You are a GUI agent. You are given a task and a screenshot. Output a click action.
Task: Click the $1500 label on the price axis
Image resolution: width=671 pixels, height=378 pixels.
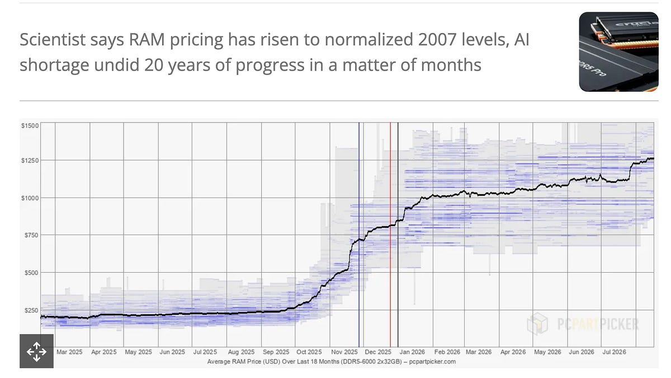coord(30,125)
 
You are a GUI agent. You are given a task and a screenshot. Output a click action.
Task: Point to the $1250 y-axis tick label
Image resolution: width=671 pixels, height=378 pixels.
coord(30,161)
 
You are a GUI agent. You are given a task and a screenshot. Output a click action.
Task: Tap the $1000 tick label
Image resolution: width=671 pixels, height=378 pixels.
coord(30,198)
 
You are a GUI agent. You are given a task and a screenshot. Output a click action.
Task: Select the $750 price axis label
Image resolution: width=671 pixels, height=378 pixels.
coord(31,235)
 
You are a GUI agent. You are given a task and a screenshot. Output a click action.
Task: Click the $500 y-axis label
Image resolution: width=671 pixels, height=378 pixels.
coord(31,273)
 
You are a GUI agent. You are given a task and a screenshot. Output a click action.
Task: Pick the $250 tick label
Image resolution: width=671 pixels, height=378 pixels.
coord(31,310)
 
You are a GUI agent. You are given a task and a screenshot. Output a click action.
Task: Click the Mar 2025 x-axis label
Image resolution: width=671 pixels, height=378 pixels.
coord(69,352)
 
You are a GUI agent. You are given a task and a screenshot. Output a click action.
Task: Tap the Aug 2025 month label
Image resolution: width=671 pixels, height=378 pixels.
coord(241,352)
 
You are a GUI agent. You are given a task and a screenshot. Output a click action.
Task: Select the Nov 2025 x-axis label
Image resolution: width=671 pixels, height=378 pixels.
coord(344,352)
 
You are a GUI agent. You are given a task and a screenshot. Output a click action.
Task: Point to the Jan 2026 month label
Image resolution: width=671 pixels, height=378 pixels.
coord(412,352)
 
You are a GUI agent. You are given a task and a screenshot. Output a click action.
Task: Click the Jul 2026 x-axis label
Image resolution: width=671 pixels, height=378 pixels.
coord(615,352)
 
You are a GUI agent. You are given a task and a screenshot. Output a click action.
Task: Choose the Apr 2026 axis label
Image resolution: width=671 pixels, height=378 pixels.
coord(513,352)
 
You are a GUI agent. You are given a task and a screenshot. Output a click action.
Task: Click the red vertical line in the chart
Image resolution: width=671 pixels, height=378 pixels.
coord(390,235)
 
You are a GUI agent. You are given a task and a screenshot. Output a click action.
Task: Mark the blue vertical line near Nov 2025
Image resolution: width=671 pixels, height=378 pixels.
coord(359,235)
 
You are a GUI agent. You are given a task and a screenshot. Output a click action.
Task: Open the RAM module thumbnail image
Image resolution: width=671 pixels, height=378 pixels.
coord(618,52)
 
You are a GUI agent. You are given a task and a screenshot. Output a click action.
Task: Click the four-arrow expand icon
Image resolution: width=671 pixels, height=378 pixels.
coord(36,351)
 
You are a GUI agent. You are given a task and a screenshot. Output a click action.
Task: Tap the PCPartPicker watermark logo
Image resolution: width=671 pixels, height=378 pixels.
coord(583,324)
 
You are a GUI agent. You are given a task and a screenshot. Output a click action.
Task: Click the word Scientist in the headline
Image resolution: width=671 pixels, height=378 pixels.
coord(53,39)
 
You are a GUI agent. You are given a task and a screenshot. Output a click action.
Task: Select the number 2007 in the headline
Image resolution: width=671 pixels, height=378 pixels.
coord(437,39)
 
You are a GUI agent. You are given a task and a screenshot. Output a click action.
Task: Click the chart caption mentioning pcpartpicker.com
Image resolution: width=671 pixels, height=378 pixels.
coord(331,362)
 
